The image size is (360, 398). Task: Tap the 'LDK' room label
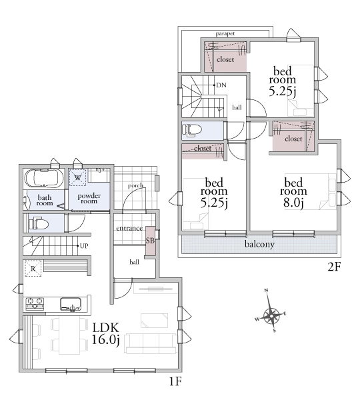(105, 328)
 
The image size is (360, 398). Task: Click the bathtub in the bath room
(44, 178)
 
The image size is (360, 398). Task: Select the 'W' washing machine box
(78, 177)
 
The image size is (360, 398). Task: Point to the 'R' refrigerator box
(33, 268)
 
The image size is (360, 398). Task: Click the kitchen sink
(71, 304)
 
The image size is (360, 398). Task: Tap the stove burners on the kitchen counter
(35, 303)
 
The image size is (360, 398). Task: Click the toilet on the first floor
(39, 224)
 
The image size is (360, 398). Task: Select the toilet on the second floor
(192, 130)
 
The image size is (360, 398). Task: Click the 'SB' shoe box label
(150, 241)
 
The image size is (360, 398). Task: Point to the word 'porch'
(135, 186)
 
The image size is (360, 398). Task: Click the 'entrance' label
(129, 228)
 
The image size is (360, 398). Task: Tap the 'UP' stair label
(84, 246)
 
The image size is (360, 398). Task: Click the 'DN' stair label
(221, 85)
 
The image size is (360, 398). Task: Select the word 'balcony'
(259, 244)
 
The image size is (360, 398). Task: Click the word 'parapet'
(225, 33)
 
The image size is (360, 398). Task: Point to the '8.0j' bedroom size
(293, 203)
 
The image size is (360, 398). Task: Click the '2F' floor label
(334, 267)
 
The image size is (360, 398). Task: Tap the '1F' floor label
(175, 381)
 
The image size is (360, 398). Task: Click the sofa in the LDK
(151, 344)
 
